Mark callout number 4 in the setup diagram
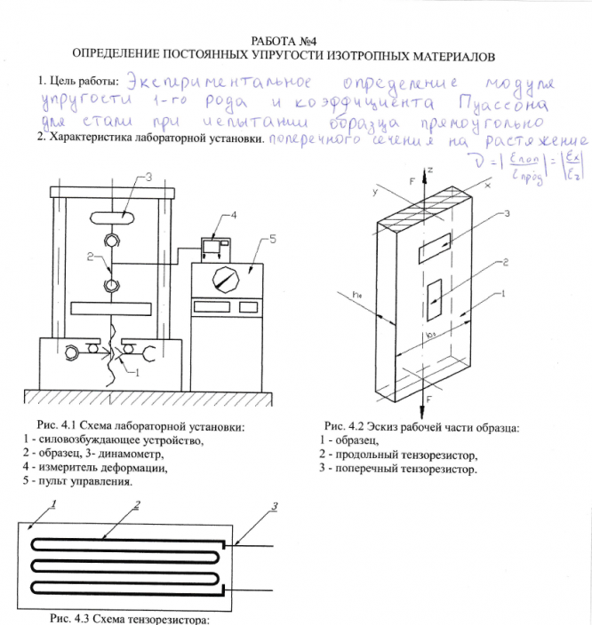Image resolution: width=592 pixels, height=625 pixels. point(233,216)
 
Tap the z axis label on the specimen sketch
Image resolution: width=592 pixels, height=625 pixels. point(429,168)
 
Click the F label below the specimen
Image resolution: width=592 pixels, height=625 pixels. point(430,400)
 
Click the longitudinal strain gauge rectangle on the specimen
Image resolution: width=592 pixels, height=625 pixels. point(433,298)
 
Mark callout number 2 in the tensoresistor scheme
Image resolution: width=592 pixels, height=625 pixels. point(137,506)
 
